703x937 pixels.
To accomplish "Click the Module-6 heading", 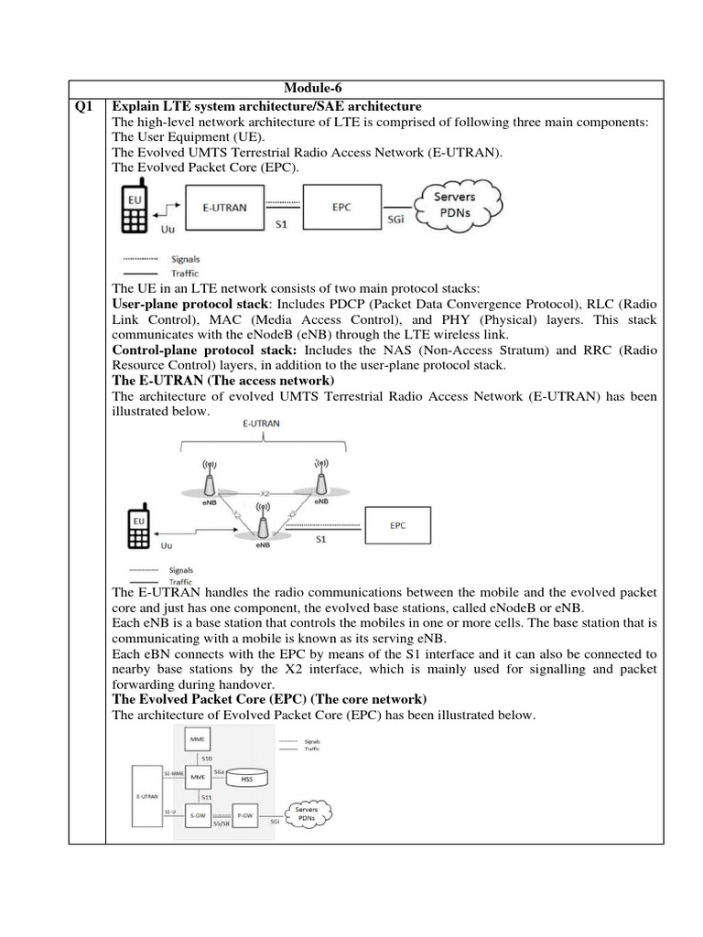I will tap(314, 88).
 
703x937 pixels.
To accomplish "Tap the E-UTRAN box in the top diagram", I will tap(224, 208).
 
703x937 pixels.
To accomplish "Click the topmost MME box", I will tap(197, 737).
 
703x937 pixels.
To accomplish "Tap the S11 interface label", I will tap(206, 797).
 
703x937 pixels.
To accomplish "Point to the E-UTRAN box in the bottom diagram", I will tap(146, 796).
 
